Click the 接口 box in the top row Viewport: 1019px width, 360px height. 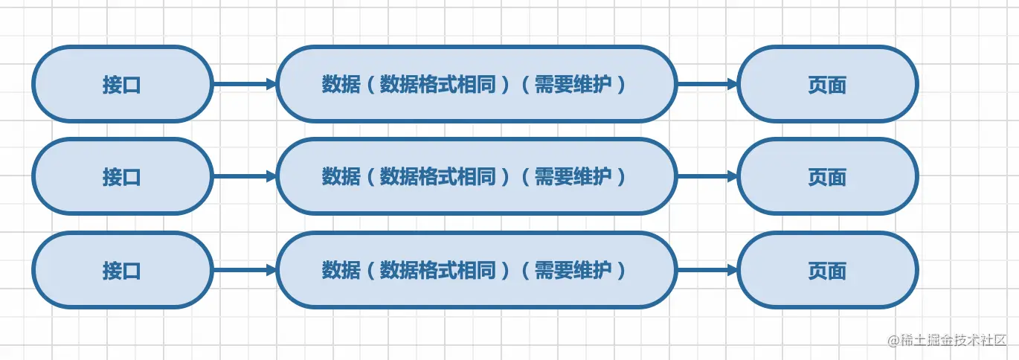click(x=122, y=84)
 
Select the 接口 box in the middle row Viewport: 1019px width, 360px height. click(x=122, y=177)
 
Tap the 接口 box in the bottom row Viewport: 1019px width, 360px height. click(x=122, y=270)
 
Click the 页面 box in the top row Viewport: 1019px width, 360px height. click(x=827, y=84)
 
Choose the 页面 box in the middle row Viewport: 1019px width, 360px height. click(x=827, y=177)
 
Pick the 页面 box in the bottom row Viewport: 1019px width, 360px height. click(x=827, y=270)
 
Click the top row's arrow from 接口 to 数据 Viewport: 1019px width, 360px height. click(x=244, y=84)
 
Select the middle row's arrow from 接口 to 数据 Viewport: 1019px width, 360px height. click(x=244, y=177)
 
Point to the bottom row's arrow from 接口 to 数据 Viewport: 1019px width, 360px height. click(x=244, y=270)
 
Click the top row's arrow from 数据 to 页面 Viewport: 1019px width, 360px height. click(x=707, y=84)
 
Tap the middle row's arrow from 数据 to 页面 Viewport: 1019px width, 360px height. click(x=707, y=177)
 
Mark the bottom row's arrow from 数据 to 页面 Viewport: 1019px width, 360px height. click(x=707, y=270)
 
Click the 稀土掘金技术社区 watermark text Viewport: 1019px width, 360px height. click(x=954, y=340)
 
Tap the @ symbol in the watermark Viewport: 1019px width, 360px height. click(x=893, y=340)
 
